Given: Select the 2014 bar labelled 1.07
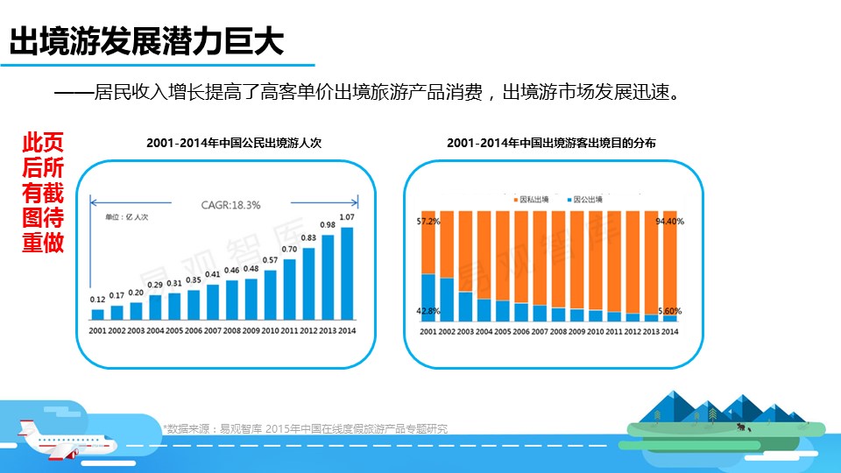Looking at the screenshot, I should (x=347, y=274).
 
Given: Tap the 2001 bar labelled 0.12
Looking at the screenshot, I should (x=97, y=314).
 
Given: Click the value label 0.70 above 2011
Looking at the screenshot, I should (x=289, y=249).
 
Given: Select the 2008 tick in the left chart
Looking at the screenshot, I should (x=231, y=330).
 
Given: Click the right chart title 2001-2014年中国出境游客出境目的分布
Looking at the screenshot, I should (x=551, y=142).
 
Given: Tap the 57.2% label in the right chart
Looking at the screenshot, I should (x=428, y=222).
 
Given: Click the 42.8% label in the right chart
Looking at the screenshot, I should (x=428, y=311).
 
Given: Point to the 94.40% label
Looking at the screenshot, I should (x=670, y=222).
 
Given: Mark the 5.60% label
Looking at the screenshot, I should (x=670, y=311).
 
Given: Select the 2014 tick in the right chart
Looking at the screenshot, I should (x=670, y=331).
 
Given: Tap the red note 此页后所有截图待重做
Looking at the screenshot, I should (x=43, y=193).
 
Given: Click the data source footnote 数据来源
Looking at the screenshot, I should (x=306, y=428).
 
